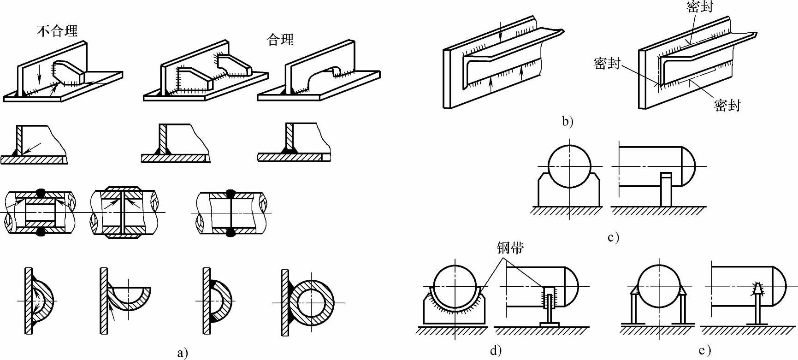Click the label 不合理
tap(57, 31)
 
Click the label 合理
tap(280, 40)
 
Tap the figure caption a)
tap(183, 353)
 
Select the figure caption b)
tap(567, 122)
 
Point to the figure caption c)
tap(613, 237)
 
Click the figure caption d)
tap(496, 351)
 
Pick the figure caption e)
tap(704, 351)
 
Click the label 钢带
tap(510, 248)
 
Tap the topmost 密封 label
tap(700, 6)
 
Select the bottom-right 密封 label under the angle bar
tap(727, 106)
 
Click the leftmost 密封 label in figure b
tap(607, 63)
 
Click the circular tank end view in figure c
tap(569, 166)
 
